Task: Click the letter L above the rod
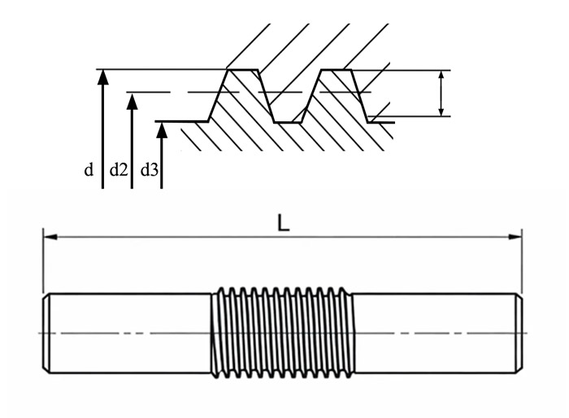pyautogui.click(x=283, y=223)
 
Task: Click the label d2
pyautogui.click(x=119, y=170)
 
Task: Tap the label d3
pyautogui.click(x=150, y=170)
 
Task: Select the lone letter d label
pyautogui.click(x=89, y=170)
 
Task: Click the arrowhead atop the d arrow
pyautogui.click(x=103, y=77)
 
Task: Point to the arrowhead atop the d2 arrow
pyautogui.click(x=132, y=102)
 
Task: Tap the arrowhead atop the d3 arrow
pyautogui.click(x=162, y=130)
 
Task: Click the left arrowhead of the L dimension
pyautogui.click(x=50, y=237)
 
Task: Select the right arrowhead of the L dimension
pyautogui.click(x=515, y=237)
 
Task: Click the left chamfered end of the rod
pyautogui.click(x=46, y=333)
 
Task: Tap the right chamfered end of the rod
pyautogui.click(x=519, y=333)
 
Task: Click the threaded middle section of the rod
pyautogui.click(x=283, y=333)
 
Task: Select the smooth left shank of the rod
pyautogui.click(x=130, y=333)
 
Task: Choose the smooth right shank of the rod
pyautogui.click(x=435, y=333)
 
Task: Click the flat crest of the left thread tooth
pyautogui.click(x=242, y=69)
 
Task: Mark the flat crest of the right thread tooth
pyautogui.click(x=337, y=69)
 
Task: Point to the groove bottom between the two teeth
pyautogui.click(x=288, y=122)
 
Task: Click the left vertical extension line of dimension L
pyautogui.click(x=43, y=260)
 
